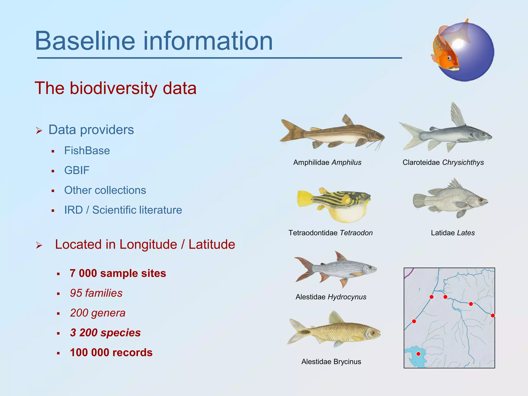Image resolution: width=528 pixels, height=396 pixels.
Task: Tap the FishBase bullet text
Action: tap(87, 151)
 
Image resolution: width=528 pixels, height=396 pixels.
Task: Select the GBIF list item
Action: tap(77, 170)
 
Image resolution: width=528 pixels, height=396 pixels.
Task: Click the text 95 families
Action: tap(96, 293)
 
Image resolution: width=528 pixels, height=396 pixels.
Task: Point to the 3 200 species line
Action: tap(105, 333)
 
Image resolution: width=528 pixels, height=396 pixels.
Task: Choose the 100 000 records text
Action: tap(111, 352)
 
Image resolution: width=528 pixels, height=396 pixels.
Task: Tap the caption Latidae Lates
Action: tap(453, 233)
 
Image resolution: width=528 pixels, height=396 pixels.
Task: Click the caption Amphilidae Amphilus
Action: tap(327, 162)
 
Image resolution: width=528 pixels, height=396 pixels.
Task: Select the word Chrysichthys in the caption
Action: tap(463, 162)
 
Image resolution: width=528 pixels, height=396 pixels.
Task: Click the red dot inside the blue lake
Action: tap(418, 354)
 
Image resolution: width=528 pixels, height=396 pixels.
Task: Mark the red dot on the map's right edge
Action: tap(493, 315)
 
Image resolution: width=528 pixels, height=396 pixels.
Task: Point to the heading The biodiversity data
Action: tap(115, 88)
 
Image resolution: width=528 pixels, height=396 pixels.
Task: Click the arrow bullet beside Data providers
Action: tap(39, 130)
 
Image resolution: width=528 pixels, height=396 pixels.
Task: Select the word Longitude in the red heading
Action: tap(148, 244)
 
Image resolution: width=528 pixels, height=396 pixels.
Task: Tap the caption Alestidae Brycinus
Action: tap(331, 362)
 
